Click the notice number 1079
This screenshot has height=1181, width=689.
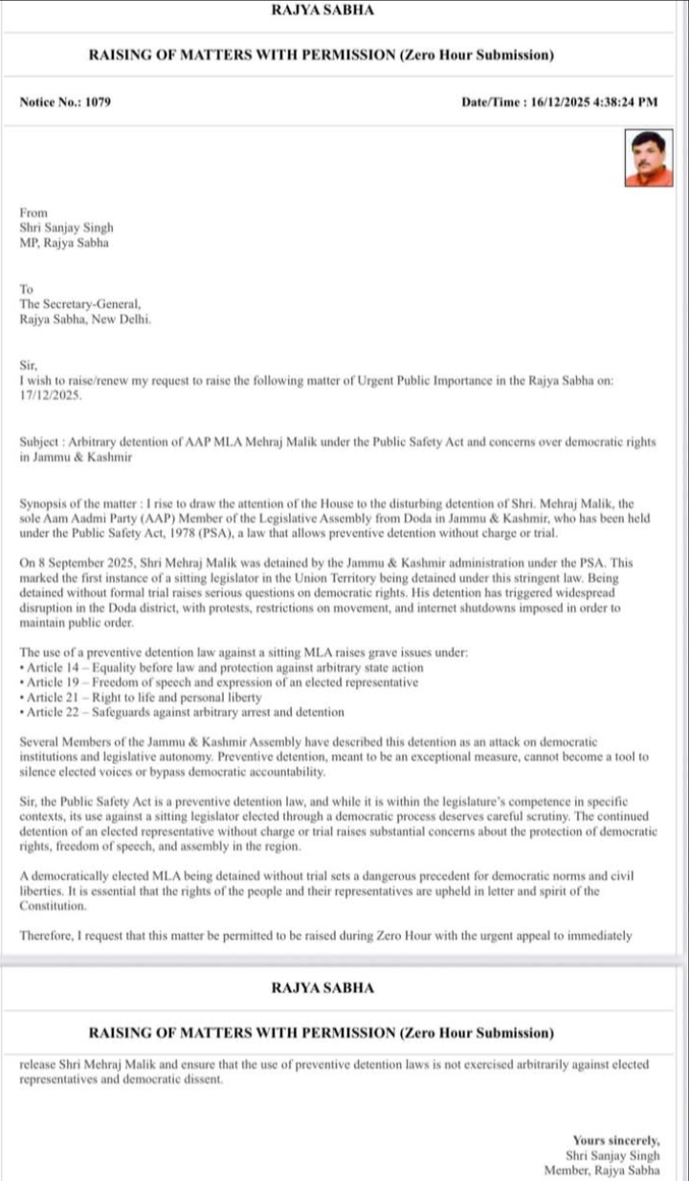point(97,101)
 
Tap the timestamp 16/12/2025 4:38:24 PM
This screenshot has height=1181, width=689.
point(594,101)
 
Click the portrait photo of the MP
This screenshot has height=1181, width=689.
point(650,159)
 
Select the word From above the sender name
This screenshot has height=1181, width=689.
point(33,212)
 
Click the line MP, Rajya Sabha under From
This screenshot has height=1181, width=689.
point(64,243)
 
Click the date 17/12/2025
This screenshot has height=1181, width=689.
point(51,394)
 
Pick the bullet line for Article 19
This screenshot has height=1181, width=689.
point(220,682)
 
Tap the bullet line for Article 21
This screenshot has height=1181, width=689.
point(144,698)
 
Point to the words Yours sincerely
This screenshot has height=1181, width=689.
point(616,1140)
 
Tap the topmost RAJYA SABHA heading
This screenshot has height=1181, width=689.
point(322,11)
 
